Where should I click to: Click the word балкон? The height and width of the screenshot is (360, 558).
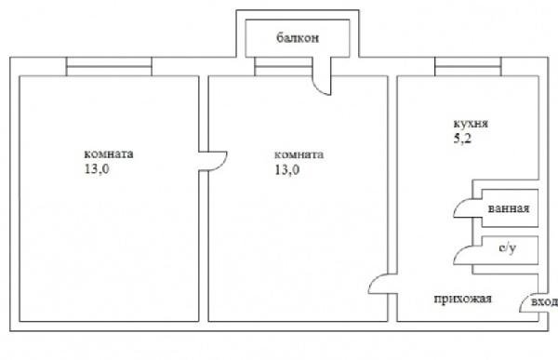click(x=298, y=38)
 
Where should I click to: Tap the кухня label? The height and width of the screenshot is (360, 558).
click(x=471, y=124)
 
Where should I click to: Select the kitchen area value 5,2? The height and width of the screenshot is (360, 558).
click(x=462, y=139)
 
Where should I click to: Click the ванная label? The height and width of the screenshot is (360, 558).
click(x=509, y=208)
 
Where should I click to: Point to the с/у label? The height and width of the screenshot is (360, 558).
click(x=507, y=248)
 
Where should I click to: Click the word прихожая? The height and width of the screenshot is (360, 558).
click(x=462, y=300)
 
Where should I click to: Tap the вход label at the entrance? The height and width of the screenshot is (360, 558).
click(x=544, y=302)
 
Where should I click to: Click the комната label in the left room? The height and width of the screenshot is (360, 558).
click(x=109, y=153)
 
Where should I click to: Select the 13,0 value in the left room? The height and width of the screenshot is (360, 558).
click(x=97, y=168)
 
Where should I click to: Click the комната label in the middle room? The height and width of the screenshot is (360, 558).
click(x=299, y=154)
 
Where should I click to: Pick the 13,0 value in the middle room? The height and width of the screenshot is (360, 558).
click(x=286, y=169)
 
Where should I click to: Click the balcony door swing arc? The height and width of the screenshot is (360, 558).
click(x=319, y=87)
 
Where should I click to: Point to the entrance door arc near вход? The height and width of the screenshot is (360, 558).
click(x=525, y=300)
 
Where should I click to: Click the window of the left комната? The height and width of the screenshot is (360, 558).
click(x=109, y=67)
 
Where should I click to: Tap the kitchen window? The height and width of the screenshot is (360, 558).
click(x=468, y=67)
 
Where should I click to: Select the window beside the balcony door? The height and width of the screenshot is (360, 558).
click(x=284, y=67)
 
